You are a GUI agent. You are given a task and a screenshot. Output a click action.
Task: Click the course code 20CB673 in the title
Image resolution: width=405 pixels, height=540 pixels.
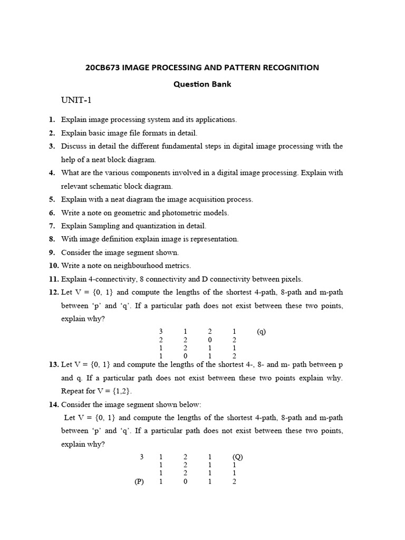point(102,67)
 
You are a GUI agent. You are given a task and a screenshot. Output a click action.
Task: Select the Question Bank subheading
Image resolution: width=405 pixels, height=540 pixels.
point(202,84)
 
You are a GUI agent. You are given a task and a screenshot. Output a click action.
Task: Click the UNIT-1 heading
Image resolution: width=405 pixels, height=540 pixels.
point(77,101)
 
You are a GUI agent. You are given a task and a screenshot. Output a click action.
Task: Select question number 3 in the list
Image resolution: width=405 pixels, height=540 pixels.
point(52,146)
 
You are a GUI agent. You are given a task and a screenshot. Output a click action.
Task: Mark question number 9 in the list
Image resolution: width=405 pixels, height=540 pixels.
point(52,253)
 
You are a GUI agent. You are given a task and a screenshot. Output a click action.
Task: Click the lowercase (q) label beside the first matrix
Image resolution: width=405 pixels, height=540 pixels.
point(262,332)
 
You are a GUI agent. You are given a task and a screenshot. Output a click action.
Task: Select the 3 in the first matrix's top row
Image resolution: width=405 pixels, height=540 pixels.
point(161,332)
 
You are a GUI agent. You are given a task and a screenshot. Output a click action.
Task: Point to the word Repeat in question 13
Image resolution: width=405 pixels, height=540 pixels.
point(73,391)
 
